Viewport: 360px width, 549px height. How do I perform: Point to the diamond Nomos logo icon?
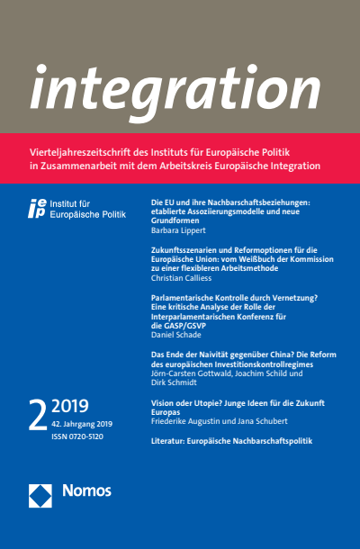[40, 492]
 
